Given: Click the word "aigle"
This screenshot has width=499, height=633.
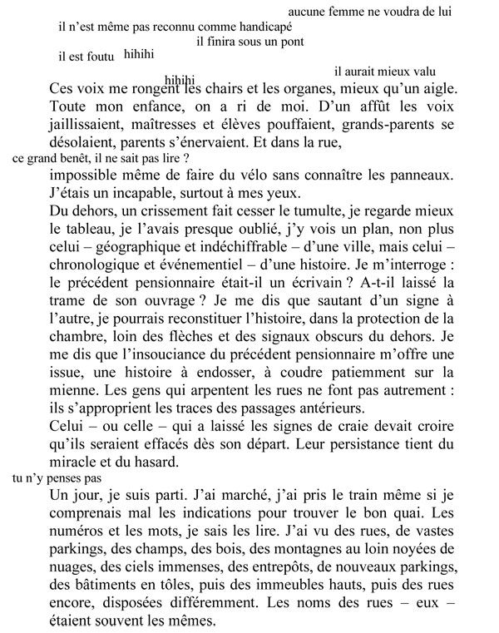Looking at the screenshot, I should [x=437, y=88].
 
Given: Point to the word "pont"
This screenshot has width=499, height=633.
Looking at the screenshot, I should [x=292, y=42].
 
